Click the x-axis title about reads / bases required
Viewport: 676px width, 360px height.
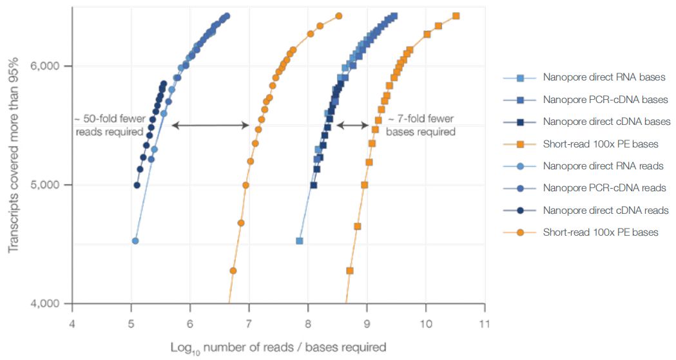(x=278, y=347)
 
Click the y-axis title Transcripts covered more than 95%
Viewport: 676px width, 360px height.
(x=14, y=155)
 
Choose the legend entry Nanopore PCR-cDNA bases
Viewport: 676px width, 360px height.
(x=605, y=100)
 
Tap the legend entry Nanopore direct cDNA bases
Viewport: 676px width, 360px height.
(x=606, y=122)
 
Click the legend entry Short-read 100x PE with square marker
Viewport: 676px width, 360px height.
(x=601, y=144)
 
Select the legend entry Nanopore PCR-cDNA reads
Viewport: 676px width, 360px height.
(x=604, y=188)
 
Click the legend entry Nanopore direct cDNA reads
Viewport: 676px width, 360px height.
(x=606, y=210)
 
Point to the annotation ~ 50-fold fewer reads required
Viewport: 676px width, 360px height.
(x=109, y=125)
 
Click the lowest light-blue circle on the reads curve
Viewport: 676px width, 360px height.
(x=135, y=241)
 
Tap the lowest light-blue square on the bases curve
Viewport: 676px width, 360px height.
(x=300, y=241)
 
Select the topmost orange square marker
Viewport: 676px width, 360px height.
(x=456, y=16)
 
